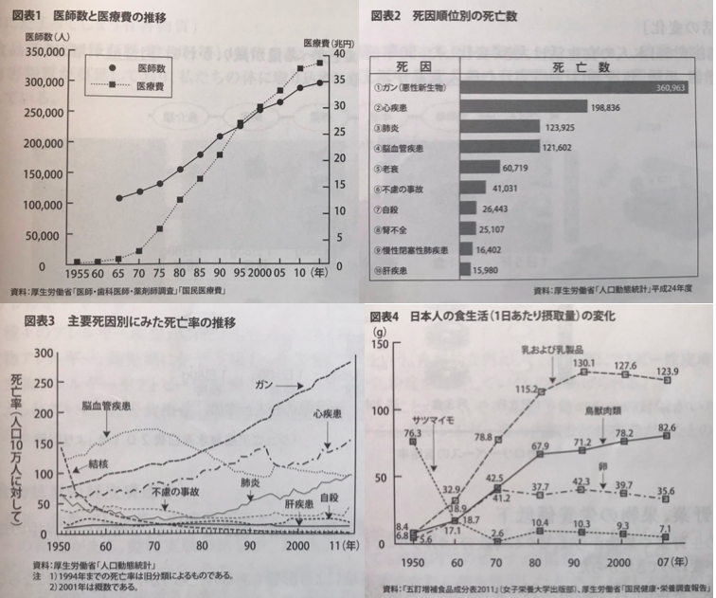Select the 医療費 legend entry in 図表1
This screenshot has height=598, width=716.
152,86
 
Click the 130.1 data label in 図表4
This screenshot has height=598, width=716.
582,362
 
